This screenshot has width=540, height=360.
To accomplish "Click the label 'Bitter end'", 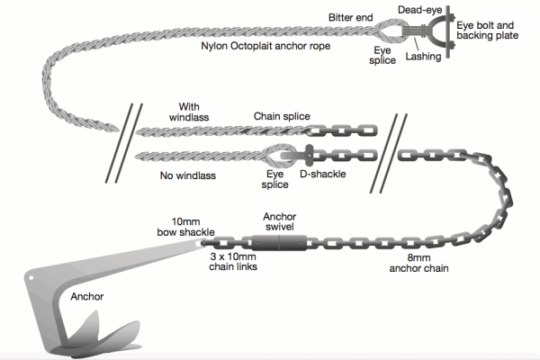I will pyautogui.click(x=349, y=17).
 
